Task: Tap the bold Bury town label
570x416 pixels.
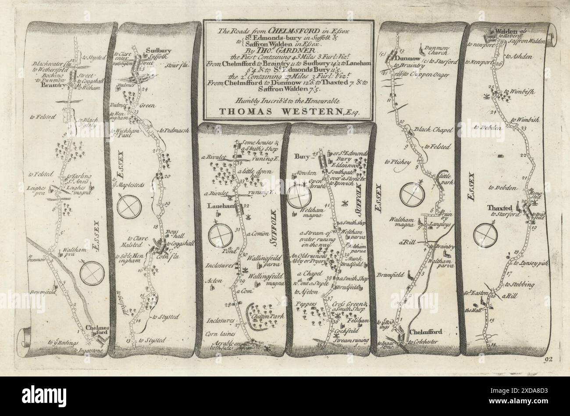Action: (x=302, y=156)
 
